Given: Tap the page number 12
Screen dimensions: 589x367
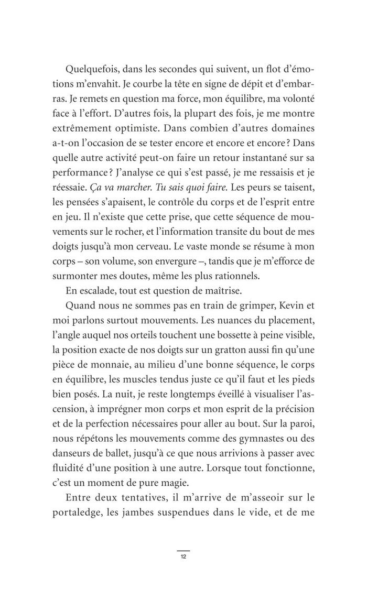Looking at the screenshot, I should point(183,557).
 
